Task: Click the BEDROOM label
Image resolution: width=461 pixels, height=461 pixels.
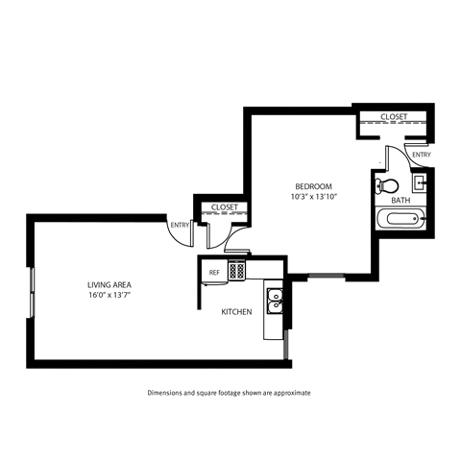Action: click(x=313, y=185)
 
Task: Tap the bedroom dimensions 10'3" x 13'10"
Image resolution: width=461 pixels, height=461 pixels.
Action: click(x=313, y=196)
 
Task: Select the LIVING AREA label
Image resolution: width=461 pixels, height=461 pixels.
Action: click(x=109, y=284)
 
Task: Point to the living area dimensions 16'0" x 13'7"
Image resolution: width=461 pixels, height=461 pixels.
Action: click(x=109, y=295)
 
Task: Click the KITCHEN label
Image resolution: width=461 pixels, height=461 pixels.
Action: click(x=236, y=312)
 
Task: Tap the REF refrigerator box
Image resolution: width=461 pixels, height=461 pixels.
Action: click(x=215, y=273)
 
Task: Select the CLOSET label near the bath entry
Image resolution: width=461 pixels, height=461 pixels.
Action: click(x=394, y=116)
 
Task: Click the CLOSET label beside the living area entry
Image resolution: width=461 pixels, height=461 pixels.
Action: click(x=224, y=206)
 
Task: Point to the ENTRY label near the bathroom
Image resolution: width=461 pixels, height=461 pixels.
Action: click(x=420, y=154)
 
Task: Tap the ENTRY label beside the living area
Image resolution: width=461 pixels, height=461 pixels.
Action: click(x=179, y=226)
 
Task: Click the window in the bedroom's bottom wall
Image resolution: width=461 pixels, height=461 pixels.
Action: click(x=327, y=278)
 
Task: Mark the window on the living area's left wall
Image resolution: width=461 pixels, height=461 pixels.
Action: click(x=31, y=288)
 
